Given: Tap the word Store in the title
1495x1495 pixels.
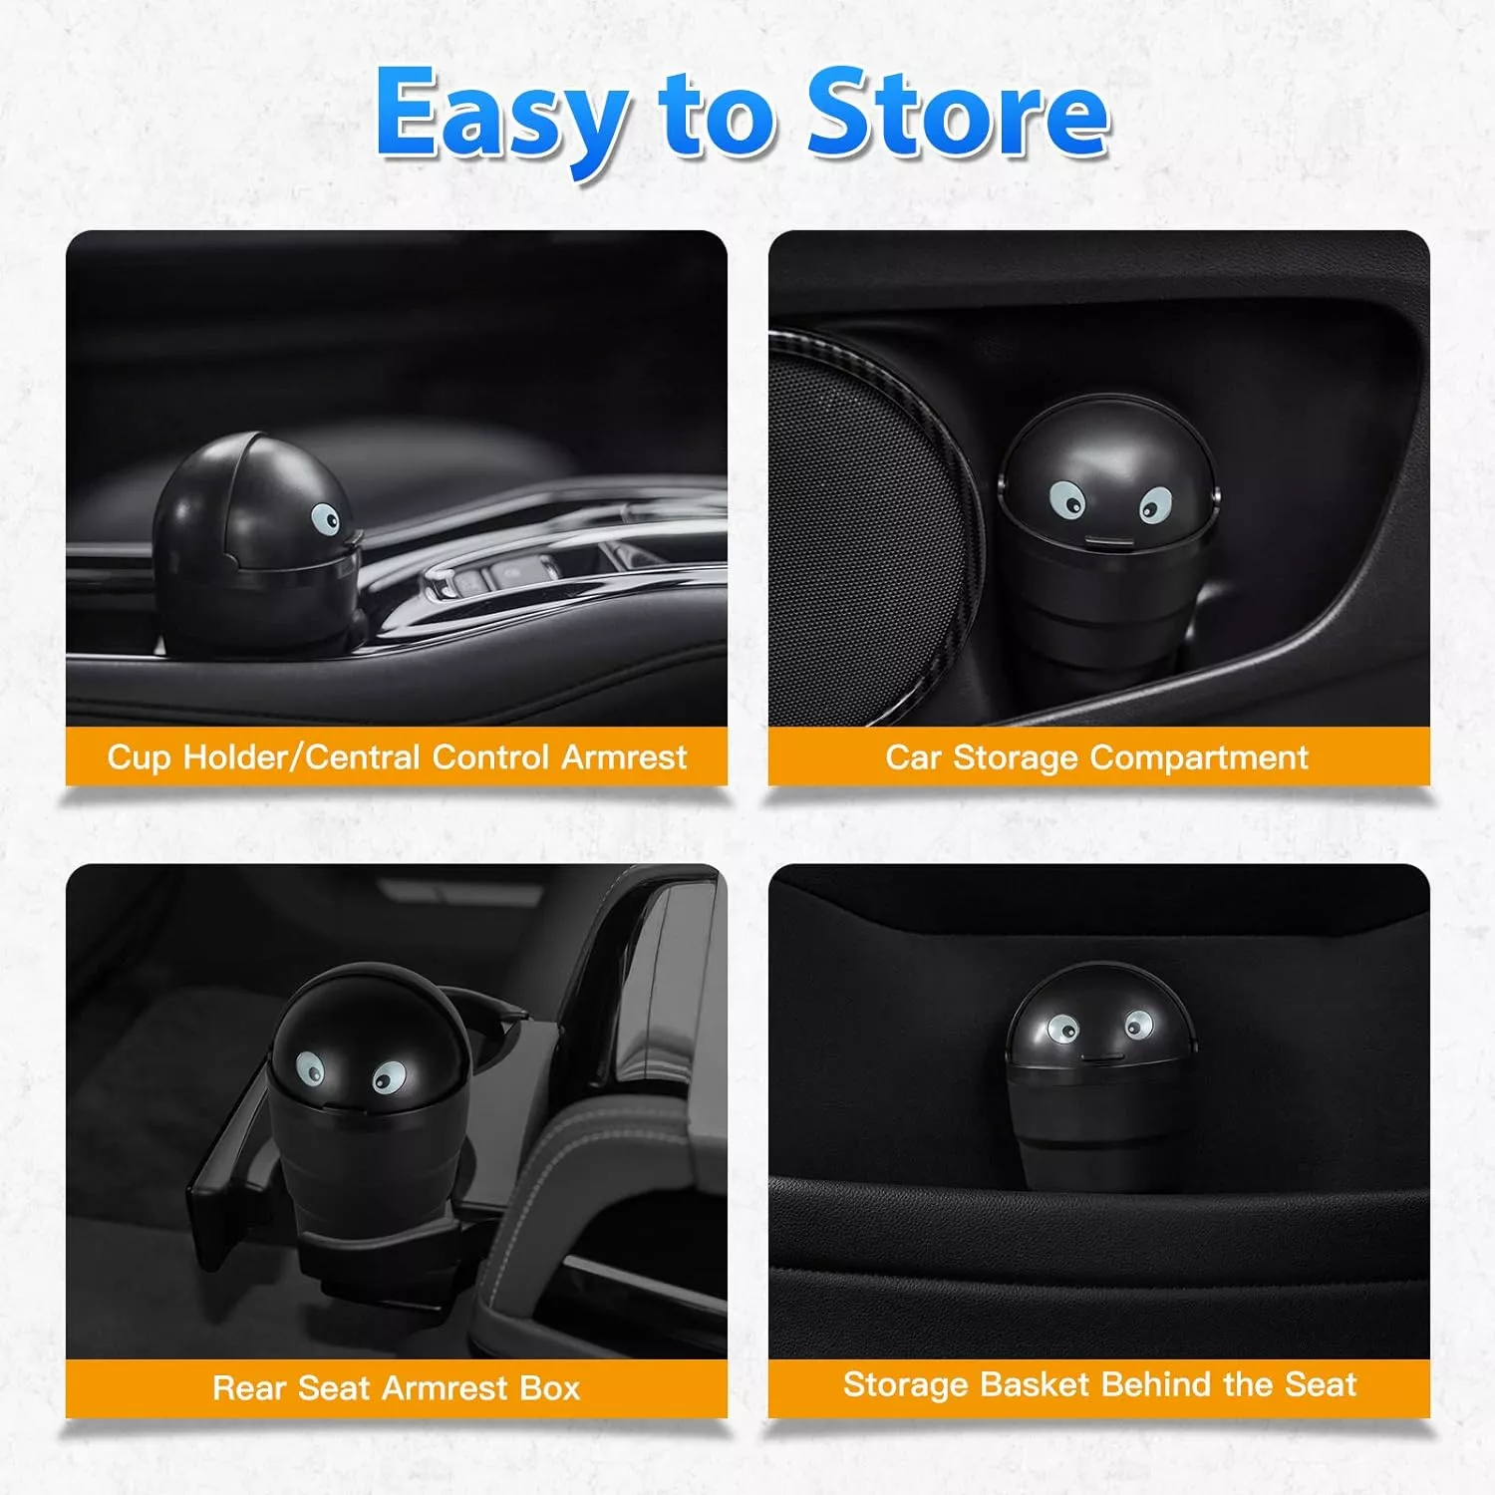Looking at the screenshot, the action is coord(958,112).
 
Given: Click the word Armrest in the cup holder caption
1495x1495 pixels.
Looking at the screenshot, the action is coord(625,756).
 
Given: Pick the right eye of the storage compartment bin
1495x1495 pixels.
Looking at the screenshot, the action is coord(1155,504).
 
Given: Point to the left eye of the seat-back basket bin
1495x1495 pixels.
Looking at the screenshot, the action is coord(1063,1028).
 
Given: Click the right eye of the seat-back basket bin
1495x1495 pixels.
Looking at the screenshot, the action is coord(1137,1024).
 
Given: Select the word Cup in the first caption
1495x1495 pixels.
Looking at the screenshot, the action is coord(140,758).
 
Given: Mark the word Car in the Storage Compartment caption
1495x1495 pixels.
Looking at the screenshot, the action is coord(914,757).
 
